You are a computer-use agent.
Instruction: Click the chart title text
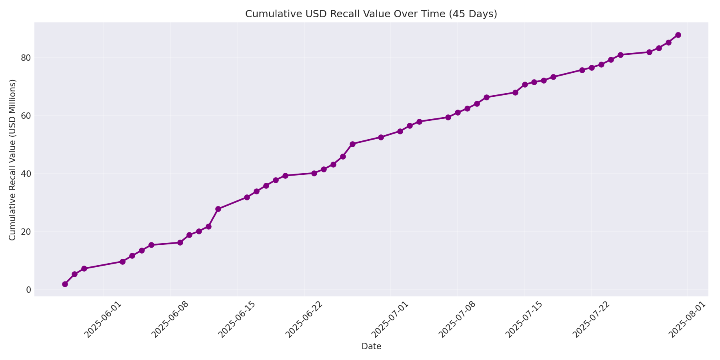coord(371,14)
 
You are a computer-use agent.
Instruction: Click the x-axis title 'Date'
coord(371,347)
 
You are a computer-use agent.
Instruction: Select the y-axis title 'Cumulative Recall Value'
coord(13,160)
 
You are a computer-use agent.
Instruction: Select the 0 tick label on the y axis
coord(28,290)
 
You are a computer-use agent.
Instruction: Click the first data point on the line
coord(65,284)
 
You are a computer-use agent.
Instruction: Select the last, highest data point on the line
coord(678,35)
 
